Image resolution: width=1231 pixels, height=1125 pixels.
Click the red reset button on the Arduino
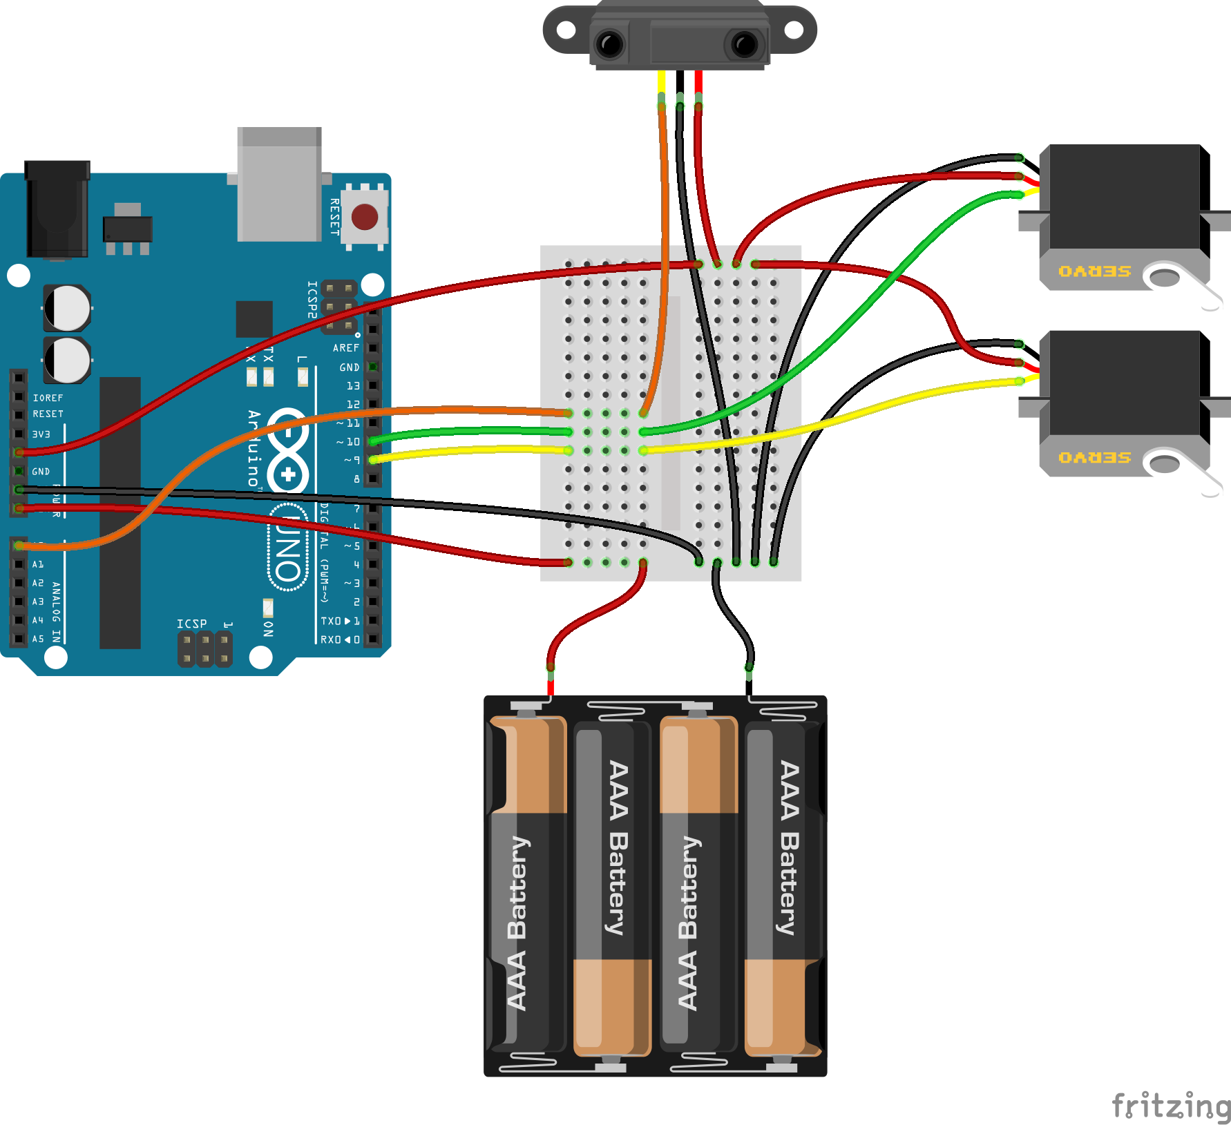pyautogui.click(x=364, y=217)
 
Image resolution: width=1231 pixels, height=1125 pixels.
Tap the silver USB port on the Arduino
pyautogui.click(x=279, y=184)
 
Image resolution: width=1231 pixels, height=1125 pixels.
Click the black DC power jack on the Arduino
pyautogui.click(x=57, y=209)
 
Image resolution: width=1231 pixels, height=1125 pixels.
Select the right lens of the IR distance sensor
pyautogui.click(x=745, y=45)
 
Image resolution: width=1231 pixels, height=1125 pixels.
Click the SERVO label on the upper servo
pyautogui.click(x=1095, y=271)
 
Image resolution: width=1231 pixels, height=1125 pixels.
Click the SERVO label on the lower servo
pyautogui.click(x=1095, y=458)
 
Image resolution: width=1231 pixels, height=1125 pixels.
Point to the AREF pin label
pyautogui.click(x=345, y=348)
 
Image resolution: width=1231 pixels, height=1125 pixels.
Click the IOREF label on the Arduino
pyautogui.click(x=48, y=398)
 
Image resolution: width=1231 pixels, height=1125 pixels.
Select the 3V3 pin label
pyautogui.click(x=41, y=434)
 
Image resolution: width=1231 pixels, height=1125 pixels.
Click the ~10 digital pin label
pyautogui.click(x=349, y=442)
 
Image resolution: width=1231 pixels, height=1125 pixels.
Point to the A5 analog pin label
pyautogui.click(x=37, y=639)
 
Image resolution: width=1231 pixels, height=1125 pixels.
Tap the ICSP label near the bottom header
pyautogui.click(x=191, y=624)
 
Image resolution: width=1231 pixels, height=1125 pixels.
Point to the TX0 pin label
pyautogui.click(x=332, y=621)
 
